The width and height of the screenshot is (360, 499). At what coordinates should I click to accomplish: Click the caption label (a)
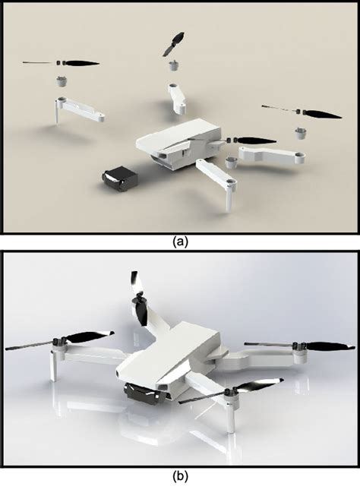(179, 242)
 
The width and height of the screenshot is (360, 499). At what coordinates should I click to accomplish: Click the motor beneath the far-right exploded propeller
(302, 132)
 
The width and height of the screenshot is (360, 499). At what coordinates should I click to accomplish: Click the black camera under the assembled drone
(143, 396)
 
